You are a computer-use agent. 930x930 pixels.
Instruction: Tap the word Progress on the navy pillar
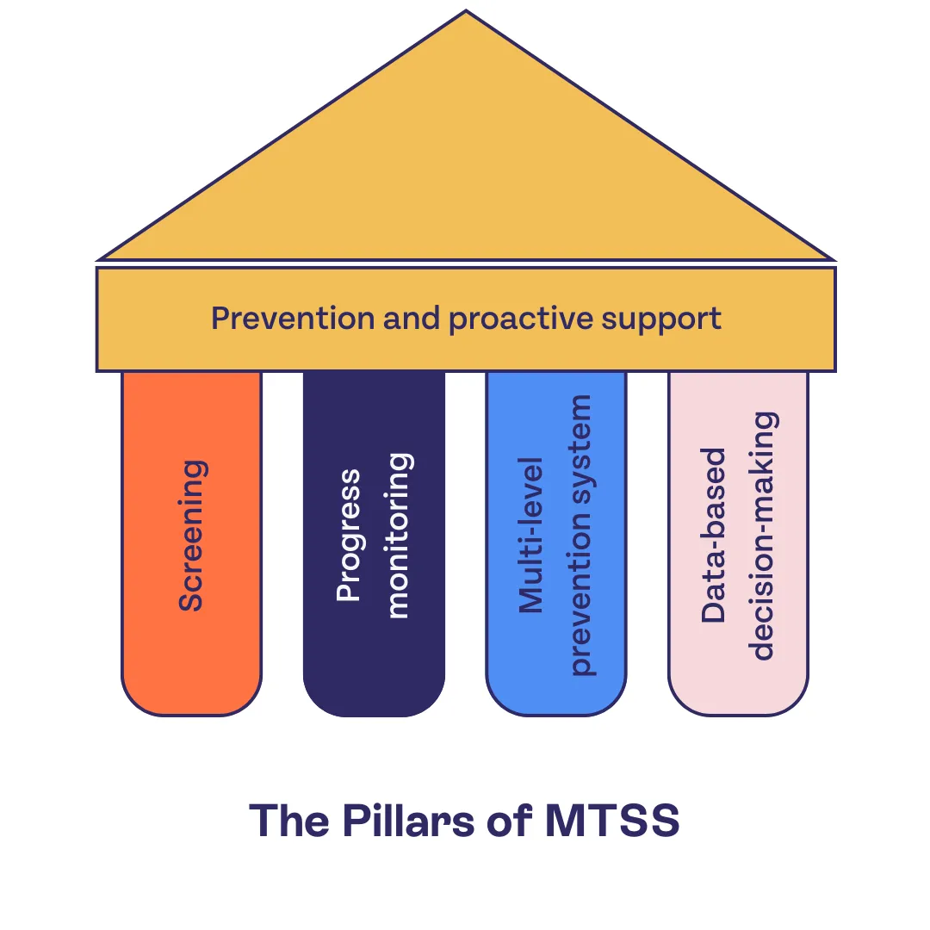click(x=349, y=536)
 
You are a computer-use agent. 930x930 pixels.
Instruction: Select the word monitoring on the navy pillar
click(x=398, y=536)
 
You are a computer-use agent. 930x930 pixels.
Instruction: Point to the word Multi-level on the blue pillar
click(x=532, y=536)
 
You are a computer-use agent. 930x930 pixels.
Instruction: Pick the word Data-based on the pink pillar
click(x=713, y=536)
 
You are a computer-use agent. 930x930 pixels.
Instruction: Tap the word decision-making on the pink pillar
click(x=763, y=536)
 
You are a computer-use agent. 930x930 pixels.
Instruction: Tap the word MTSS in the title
click(x=612, y=821)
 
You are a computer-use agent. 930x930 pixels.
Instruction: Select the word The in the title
click(x=290, y=821)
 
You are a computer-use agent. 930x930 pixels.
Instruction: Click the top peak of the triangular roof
click(x=466, y=14)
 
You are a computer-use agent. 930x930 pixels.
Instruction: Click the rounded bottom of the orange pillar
click(x=191, y=702)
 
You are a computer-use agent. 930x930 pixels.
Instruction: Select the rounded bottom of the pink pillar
click(x=738, y=702)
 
